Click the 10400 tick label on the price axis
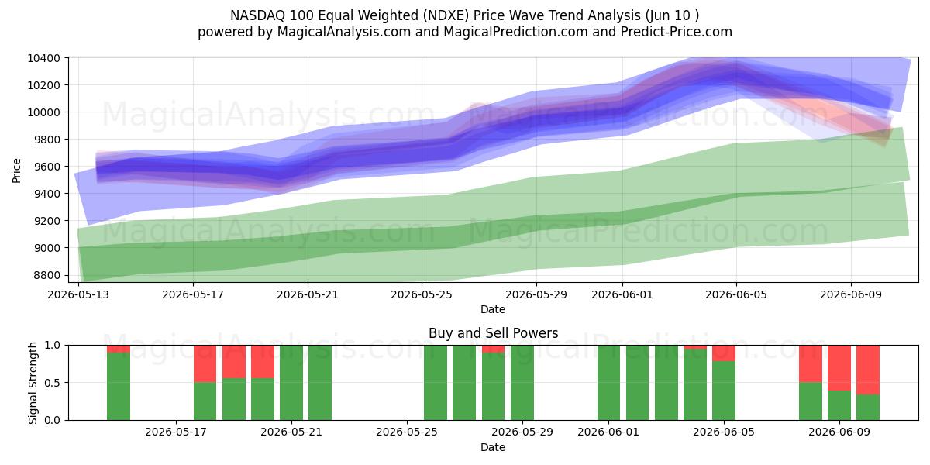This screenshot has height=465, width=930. pyautogui.click(x=43, y=58)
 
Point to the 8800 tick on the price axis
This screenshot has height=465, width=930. pyautogui.click(x=46, y=275)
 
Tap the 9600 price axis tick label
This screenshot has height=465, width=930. pyautogui.click(x=46, y=167)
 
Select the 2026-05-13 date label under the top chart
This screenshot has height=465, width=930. pyautogui.click(x=78, y=294)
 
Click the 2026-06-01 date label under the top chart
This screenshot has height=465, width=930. pyautogui.click(x=622, y=294)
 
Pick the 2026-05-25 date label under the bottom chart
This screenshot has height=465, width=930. pyautogui.click(x=406, y=432)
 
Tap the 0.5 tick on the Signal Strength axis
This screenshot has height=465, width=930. pyautogui.click(x=52, y=382)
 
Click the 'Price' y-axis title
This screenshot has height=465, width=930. pyautogui.click(x=16, y=170)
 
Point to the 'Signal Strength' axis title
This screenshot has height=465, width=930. pyautogui.click(x=33, y=383)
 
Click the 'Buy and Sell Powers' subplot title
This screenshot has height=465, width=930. pyautogui.click(x=493, y=333)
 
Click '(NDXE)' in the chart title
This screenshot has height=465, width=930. pyautogui.click(x=446, y=15)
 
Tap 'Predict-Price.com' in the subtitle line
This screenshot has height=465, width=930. pyautogui.click(x=677, y=32)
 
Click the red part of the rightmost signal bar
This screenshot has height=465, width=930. pyautogui.click(x=868, y=370)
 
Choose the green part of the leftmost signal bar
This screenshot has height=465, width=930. pyautogui.click(x=119, y=386)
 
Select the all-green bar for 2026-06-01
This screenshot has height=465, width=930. pyautogui.click(x=608, y=383)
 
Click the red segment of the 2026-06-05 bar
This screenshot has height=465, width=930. pyautogui.click(x=724, y=353)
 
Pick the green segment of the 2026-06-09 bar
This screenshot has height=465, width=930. pyautogui.click(x=839, y=405)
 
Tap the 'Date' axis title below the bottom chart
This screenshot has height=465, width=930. pyautogui.click(x=493, y=447)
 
